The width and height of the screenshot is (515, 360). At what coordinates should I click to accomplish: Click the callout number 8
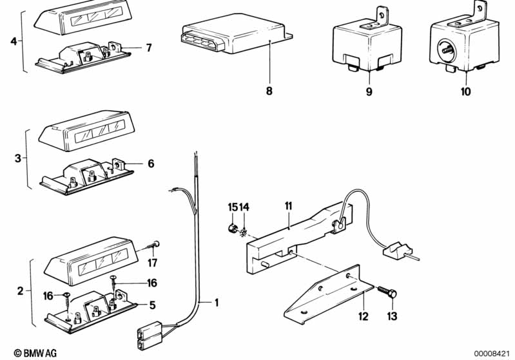click(269, 91)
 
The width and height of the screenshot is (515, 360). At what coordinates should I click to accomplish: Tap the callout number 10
click(466, 91)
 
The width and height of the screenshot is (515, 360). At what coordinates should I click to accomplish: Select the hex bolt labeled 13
click(387, 291)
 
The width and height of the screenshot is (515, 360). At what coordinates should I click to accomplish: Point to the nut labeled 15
click(232, 227)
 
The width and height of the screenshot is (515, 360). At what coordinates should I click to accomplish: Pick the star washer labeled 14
click(244, 232)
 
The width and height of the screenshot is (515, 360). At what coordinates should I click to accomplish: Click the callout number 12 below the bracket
click(364, 316)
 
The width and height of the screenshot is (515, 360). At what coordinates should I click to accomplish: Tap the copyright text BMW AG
click(35, 353)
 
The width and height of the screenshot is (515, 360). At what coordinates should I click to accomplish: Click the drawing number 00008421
click(491, 354)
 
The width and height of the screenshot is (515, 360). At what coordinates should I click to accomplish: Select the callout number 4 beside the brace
click(14, 41)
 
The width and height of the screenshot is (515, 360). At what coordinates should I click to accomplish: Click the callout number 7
click(149, 48)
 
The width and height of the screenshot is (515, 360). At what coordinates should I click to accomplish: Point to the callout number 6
click(151, 164)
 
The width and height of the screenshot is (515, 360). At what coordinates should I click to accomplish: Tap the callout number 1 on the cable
click(216, 302)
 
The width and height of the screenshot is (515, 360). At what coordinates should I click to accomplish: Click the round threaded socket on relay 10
click(445, 50)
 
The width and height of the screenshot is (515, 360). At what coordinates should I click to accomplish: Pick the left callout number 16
click(48, 296)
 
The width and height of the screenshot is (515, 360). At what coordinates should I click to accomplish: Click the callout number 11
click(288, 206)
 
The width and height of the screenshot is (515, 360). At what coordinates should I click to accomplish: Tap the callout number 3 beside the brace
click(18, 158)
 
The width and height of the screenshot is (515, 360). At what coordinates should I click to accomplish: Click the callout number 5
click(152, 305)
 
